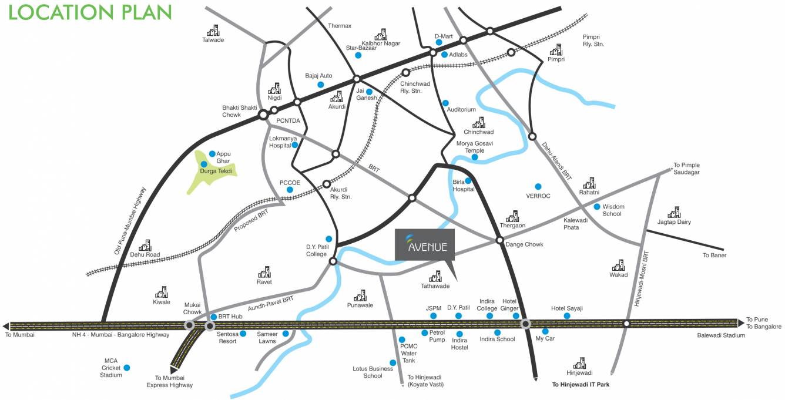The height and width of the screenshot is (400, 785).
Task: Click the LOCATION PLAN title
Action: [x=90, y=12]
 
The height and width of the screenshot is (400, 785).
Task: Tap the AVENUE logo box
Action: [x=425, y=244]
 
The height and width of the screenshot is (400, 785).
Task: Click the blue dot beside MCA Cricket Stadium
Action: [x=127, y=368]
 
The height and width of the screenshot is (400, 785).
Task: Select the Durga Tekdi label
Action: [x=216, y=172]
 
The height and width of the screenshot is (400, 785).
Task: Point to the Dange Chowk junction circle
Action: [x=499, y=240]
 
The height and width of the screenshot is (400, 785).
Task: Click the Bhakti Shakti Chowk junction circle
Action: [x=263, y=116]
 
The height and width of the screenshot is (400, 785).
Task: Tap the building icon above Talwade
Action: [x=213, y=30]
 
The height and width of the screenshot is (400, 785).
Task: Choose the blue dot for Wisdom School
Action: [x=597, y=207]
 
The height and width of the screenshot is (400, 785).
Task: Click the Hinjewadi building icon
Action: [x=579, y=362]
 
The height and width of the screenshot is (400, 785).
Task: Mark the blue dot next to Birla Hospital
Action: [x=468, y=181]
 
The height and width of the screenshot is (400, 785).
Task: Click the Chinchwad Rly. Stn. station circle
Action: [x=405, y=73]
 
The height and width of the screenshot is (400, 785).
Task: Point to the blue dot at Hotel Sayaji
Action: [x=567, y=316]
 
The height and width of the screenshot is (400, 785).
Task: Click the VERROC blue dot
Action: [x=538, y=187]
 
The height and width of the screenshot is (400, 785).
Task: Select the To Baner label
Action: [x=714, y=256]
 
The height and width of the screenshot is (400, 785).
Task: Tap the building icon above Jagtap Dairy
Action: [x=674, y=212]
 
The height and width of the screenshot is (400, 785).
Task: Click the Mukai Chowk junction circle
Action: [x=190, y=325]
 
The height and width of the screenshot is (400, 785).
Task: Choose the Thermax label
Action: [x=340, y=26]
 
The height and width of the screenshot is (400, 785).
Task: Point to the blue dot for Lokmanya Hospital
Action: [x=295, y=145]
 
